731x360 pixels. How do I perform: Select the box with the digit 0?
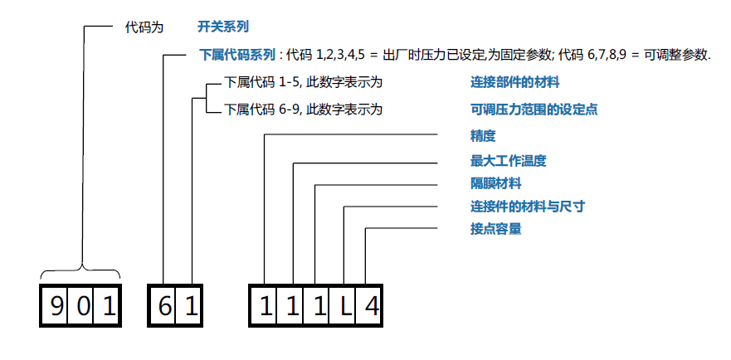[x=83, y=307]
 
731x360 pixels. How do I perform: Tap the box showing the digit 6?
[x=163, y=307]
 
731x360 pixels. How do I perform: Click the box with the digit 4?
[x=371, y=307]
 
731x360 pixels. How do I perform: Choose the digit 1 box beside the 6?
[x=191, y=307]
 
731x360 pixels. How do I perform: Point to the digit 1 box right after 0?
[x=109, y=307]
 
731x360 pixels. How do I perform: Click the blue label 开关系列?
[x=223, y=27]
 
